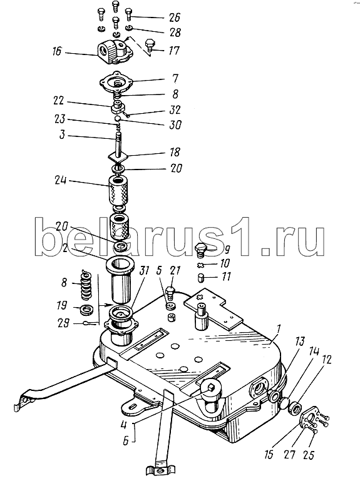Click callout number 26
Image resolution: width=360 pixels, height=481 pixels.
click(x=174, y=17)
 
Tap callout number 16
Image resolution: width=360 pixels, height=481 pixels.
click(x=57, y=51)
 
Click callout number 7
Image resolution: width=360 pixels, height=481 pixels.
click(x=175, y=79)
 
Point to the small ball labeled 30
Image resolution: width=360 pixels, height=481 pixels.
click(x=118, y=118)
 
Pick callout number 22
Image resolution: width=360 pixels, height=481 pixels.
click(x=59, y=101)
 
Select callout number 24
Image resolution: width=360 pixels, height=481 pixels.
click(x=61, y=180)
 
